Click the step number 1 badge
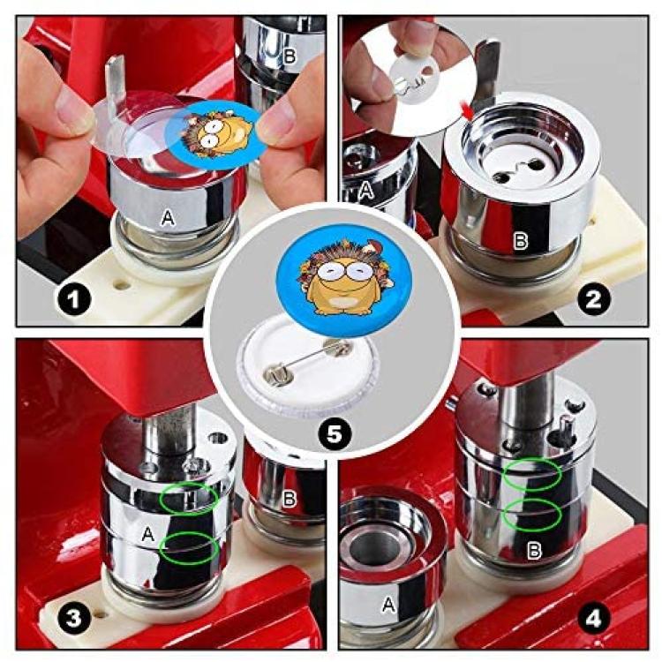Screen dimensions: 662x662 [73, 300]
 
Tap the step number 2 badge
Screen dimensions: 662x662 [593, 300]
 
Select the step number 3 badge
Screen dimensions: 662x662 [73, 619]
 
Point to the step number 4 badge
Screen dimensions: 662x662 [593, 619]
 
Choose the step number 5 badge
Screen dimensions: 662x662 [334, 433]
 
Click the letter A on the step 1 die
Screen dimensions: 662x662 [168, 218]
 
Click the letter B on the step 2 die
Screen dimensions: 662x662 [520, 241]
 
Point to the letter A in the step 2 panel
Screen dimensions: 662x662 [366, 191]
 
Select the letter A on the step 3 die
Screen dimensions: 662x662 [147, 535]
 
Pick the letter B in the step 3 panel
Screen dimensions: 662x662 [289, 499]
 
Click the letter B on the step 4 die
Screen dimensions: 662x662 [535, 550]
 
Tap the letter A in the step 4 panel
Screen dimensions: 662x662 [388, 605]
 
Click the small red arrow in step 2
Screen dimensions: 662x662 [467, 112]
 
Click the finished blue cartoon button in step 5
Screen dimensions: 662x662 [343, 275]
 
